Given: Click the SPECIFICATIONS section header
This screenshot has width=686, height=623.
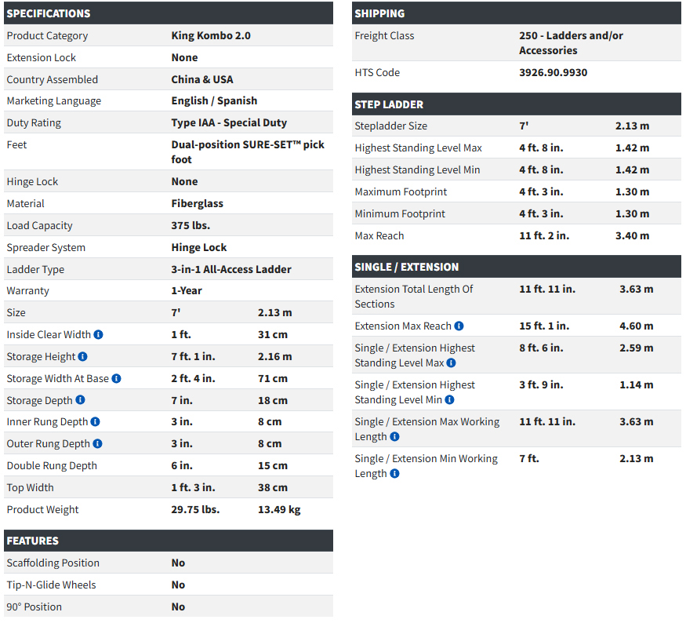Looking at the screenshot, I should click(49, 13).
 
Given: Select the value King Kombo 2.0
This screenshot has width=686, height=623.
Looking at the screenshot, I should click(211, 35).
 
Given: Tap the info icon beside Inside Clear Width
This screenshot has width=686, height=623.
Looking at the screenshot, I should click(99, 334).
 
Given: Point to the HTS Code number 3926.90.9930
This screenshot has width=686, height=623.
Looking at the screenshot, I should click(553, 72).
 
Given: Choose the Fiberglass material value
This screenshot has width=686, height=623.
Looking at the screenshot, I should click(198, 203).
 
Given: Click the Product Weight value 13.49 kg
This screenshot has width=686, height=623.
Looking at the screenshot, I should click(278, 509).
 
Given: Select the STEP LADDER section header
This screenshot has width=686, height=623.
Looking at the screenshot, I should click(389, 104).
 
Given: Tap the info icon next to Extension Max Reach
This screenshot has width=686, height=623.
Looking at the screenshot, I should click(459, 326).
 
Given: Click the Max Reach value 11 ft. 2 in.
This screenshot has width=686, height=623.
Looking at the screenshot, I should click(544, 235).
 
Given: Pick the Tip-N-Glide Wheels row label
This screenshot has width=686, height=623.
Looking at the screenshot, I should click(51, 585).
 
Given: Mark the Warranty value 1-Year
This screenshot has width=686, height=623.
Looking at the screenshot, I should click(187, 290).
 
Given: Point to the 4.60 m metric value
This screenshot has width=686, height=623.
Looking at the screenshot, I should click(636, 326).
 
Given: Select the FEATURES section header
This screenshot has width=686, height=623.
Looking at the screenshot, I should click(32, 541).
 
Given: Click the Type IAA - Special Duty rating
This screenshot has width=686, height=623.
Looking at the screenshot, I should click(229, 122).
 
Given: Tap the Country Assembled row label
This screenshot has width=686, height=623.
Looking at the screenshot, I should click(53, 79).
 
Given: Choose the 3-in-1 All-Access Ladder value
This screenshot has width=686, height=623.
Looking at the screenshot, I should click(231, 269).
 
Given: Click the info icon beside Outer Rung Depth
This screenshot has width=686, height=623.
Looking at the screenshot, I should click(98, 443).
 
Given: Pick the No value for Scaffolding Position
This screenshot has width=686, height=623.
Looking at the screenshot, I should click(178, 563).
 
